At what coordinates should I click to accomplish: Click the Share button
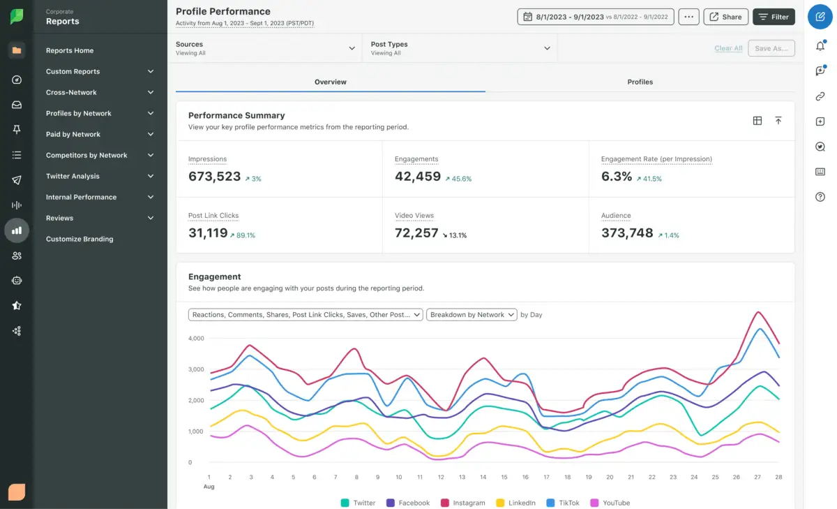[x=725, y=17]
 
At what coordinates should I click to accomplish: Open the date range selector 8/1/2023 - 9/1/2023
[x=596, y=17]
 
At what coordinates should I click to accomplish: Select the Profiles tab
[x=640, y=82]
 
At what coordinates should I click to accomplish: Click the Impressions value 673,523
[x=214, y=177]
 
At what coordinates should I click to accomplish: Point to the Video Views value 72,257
[x=416, y=233]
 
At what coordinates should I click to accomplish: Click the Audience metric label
[x=616, y=216]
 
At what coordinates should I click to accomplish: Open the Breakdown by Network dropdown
[x=472, y=315]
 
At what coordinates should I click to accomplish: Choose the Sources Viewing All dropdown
[x=266, y=48]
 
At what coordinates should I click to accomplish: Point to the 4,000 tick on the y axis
[x=195, y=339]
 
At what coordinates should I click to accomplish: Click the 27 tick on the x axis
[x=757, y=477]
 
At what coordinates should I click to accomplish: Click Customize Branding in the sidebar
[x=80, y=239]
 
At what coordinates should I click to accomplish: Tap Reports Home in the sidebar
[x=70, y=50]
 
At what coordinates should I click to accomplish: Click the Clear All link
[x=728, y=48]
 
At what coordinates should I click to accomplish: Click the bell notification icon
[x=820, y=46]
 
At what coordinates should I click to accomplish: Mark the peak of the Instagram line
[x=757, y=311]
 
